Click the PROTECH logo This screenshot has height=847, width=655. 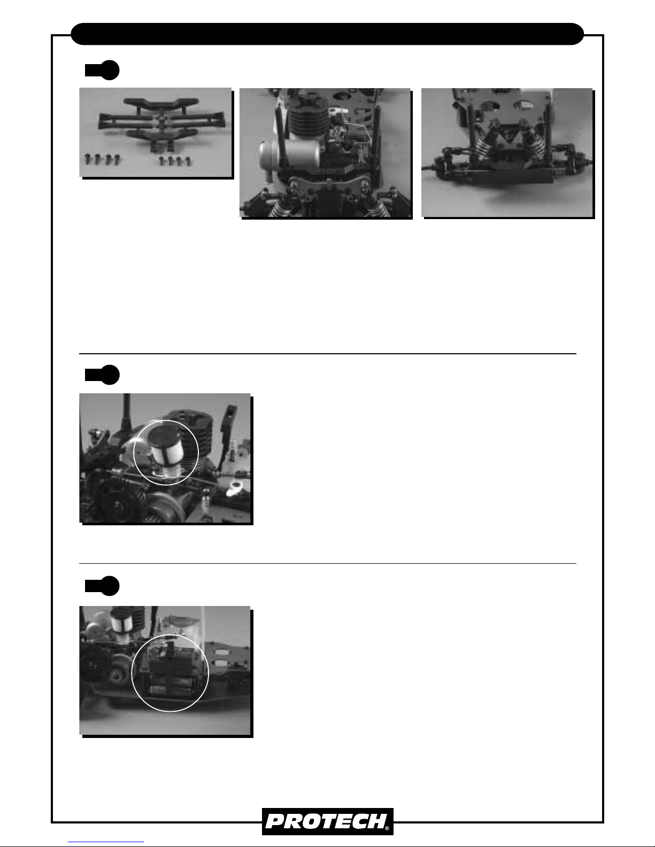tap(327, 821)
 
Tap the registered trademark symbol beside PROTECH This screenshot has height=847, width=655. tap(387, 828)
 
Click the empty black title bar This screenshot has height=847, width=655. tap(327, 34)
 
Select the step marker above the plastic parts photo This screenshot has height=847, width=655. tap(102, 70)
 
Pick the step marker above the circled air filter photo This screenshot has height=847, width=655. tap(102, 375)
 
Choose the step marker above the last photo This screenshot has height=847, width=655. tap(102, 586)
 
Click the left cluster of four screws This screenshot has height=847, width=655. tap(103, 159)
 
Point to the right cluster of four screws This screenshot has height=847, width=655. tap(175, 161)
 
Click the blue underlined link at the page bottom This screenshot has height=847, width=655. tap(106, 842)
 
